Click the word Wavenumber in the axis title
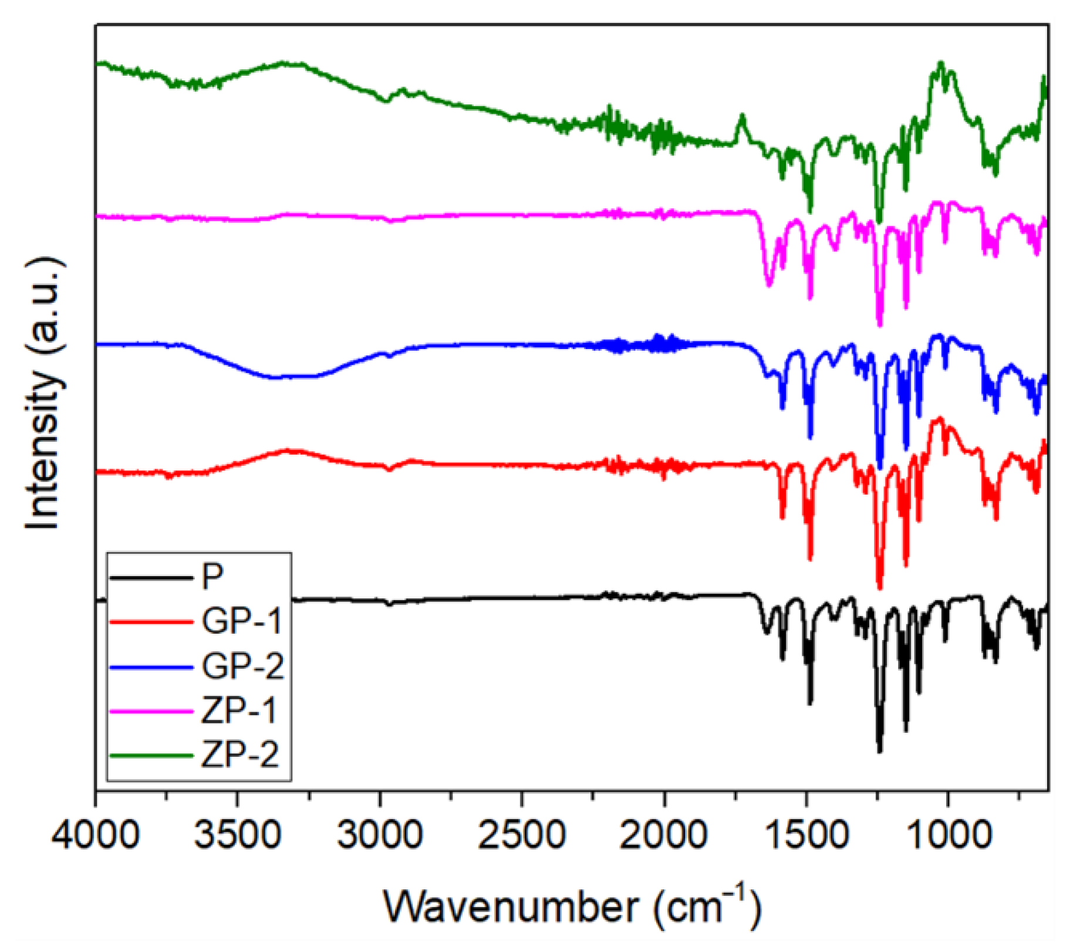[511, 908]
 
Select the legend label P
[212, 577]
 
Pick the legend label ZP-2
[239, 756]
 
